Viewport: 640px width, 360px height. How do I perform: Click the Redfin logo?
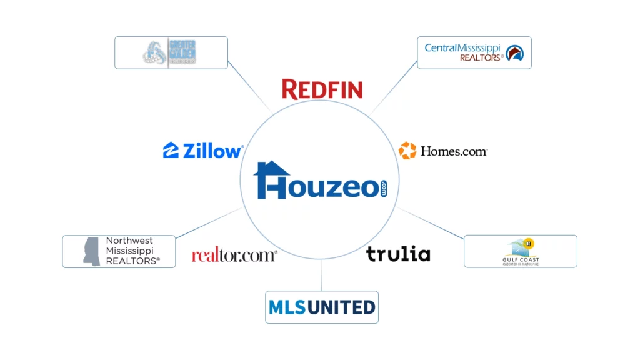tap(322, 89)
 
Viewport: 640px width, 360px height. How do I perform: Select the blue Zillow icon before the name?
tap(171, 151)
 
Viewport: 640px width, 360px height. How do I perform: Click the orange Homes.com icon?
tap(407, 151)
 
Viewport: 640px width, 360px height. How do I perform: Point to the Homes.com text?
tap(454, 151)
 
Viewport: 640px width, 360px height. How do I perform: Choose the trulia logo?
tap(398, 254)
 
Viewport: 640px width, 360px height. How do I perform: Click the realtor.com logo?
tap(234, 254)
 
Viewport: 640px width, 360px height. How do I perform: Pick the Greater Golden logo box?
tap(171, 52)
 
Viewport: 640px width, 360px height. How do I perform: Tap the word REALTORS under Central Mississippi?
tap(481, 57)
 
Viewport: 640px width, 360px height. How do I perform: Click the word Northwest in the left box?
tap(129, 241)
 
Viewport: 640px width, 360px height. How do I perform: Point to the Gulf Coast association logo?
tap(520, 252)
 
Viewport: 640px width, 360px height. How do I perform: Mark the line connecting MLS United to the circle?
tap(321, 276)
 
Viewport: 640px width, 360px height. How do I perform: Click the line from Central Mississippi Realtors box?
tap(394, 87)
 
